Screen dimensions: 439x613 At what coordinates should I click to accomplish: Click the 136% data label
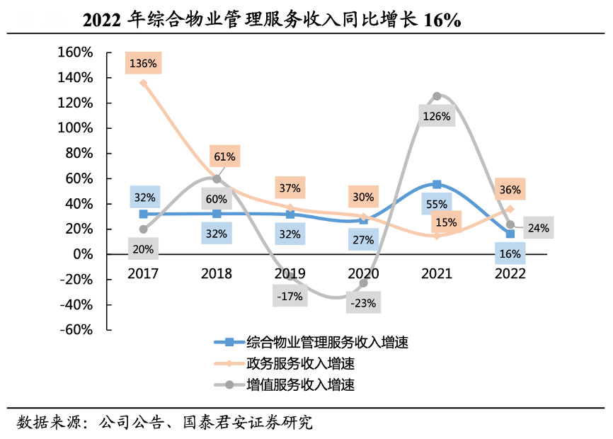tap(143, 63)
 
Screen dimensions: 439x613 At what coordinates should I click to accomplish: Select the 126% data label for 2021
tap(436, 116)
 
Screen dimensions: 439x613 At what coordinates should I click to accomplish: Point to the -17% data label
tap(290, 296)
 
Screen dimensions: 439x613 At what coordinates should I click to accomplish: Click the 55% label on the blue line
tap(437, 203)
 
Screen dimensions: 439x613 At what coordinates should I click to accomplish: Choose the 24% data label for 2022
tap(538, 228)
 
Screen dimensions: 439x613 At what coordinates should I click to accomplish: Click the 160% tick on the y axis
tap(74, 52)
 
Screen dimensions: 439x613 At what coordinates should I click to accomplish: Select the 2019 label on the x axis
tap(290, 273)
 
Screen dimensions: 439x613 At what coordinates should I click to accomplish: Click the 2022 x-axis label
tap(510, 273)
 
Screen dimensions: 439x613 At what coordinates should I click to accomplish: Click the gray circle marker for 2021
tap(437, 96)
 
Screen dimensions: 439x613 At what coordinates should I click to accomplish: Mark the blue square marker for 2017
tap(143, 214)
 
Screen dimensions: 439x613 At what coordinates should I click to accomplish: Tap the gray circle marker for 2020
tap(364, 283)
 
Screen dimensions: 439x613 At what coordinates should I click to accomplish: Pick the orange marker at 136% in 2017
tap(143, 83)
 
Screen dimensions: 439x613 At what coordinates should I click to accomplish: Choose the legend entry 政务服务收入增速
tap(300, 364)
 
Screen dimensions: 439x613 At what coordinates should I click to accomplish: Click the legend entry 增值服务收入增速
tap(300, 385)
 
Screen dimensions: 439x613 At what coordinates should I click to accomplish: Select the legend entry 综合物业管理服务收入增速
tap(328, 343)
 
